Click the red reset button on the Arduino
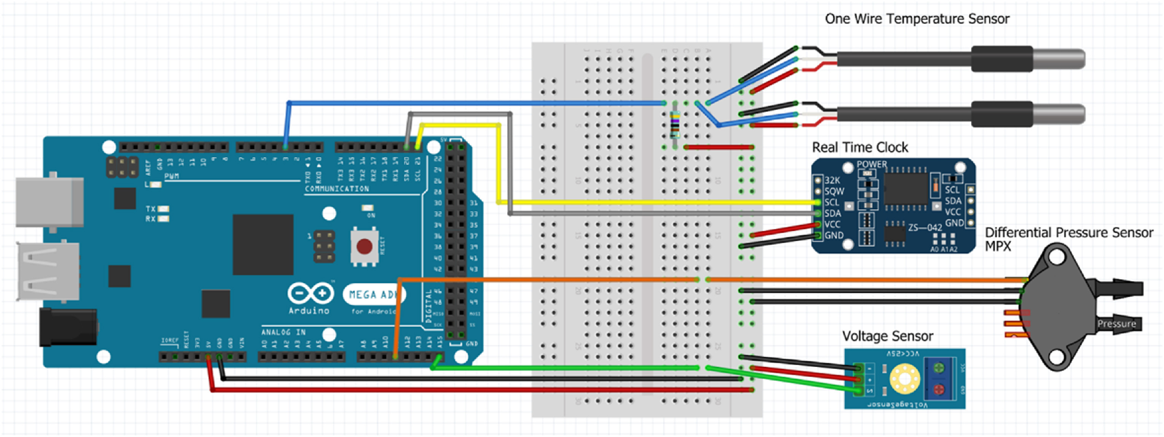[x=364, y=247]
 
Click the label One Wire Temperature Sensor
[x=917, y=19]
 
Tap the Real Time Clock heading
[x=860, y=147]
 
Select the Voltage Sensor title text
[x=887, y=336]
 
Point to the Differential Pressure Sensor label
[x=1068, y=233]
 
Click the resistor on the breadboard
[x=675, y=125]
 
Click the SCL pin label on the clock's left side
[x=831, y=202]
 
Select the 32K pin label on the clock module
[x=832, y=180]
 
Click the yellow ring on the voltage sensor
[x=904, y=378]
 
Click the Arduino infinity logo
[x=311, y=293]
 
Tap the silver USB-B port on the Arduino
[x=50, y=202]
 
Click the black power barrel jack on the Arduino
[x=68, y=327]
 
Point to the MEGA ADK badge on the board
[x=373, y=295]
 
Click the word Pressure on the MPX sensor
[x=1116, y=324]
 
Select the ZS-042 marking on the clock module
[x=925, y=227]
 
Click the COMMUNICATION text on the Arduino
[x=337, y=189]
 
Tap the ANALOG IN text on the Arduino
[x=283, y=333]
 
